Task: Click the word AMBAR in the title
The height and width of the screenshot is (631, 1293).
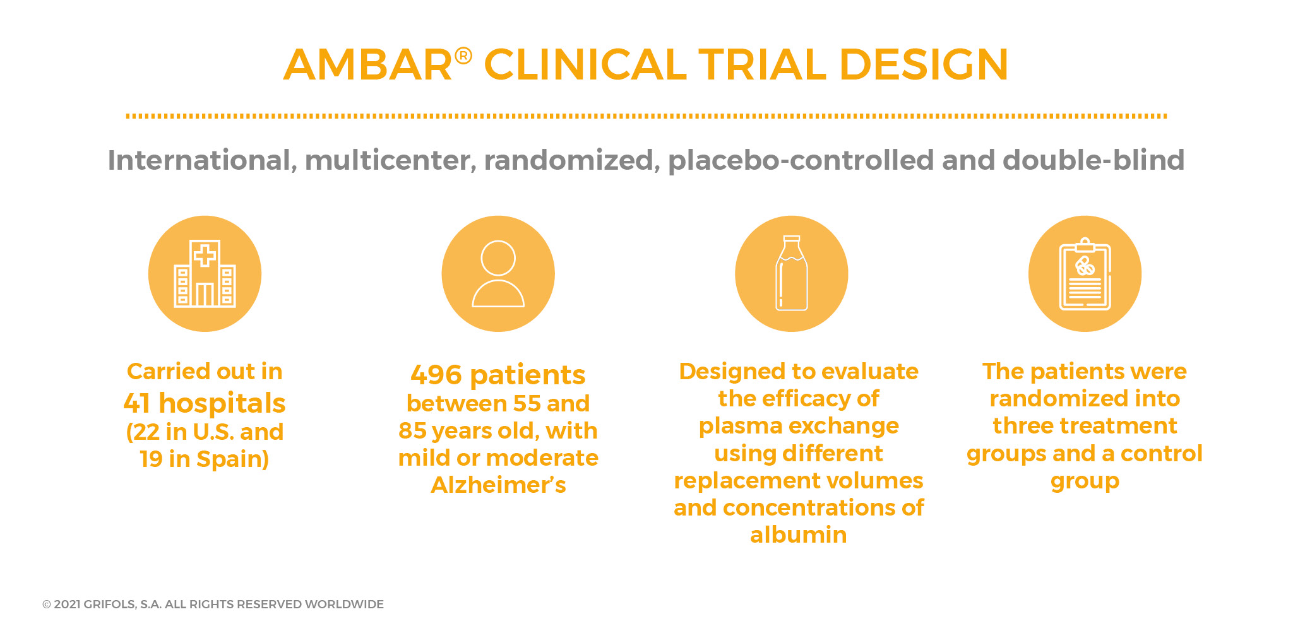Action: click(368, 64)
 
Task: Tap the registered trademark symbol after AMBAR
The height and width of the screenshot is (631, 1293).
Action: click(463, 56)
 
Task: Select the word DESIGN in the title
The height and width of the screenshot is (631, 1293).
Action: click(923, 64)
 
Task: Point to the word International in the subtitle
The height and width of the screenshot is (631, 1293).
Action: click(199, 160)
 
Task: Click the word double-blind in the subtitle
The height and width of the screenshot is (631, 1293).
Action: click(1093, 160)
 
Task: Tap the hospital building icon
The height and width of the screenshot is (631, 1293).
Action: click(205, 274)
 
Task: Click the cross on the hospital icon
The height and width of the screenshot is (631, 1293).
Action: click(205, 256)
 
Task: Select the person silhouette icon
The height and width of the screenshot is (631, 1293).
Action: click(498, 274)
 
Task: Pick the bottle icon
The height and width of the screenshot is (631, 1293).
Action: click(792, 273)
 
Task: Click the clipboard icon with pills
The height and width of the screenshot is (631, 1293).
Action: click(1085, 274)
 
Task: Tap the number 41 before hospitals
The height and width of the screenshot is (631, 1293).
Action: click(137, 403)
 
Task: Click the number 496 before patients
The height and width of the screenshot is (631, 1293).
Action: click(436, 375)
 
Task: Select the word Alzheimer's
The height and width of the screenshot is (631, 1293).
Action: click(498, 485)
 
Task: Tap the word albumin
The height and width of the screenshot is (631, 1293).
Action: click(799, 535)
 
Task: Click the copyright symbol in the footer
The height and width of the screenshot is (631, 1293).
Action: click(47, 604)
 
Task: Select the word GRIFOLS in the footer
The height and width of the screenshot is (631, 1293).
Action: click(109, 604)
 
